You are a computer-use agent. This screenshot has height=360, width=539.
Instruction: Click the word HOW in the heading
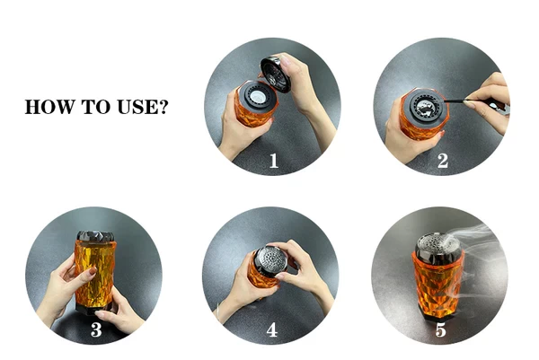[49, 107]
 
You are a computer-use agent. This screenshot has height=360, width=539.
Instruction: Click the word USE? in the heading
[143, 107]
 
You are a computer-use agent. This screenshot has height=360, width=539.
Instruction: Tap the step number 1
[274, 161]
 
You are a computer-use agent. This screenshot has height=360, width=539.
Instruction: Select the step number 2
[443, 161]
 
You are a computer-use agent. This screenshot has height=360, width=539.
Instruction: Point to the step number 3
[96, 329]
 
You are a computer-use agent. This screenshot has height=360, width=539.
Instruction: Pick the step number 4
[272, 329]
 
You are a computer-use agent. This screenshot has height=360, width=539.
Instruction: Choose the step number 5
[441, 329]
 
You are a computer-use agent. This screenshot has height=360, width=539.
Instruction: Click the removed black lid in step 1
[276, 75]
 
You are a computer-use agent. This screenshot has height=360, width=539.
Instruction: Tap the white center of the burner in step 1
[256, 97]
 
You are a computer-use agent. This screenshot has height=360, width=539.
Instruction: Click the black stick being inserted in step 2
[453, 101]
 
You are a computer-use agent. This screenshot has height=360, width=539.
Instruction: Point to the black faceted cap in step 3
[95, 237]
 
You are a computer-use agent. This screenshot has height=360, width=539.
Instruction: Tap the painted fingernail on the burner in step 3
[93, 270]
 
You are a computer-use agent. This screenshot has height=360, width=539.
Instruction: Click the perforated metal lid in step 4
[272, 261]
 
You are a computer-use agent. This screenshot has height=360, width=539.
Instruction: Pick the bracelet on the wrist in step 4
[218, 312]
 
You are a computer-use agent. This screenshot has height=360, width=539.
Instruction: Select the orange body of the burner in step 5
[438, 286]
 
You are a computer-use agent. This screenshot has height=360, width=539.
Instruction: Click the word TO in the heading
[95, 107]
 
